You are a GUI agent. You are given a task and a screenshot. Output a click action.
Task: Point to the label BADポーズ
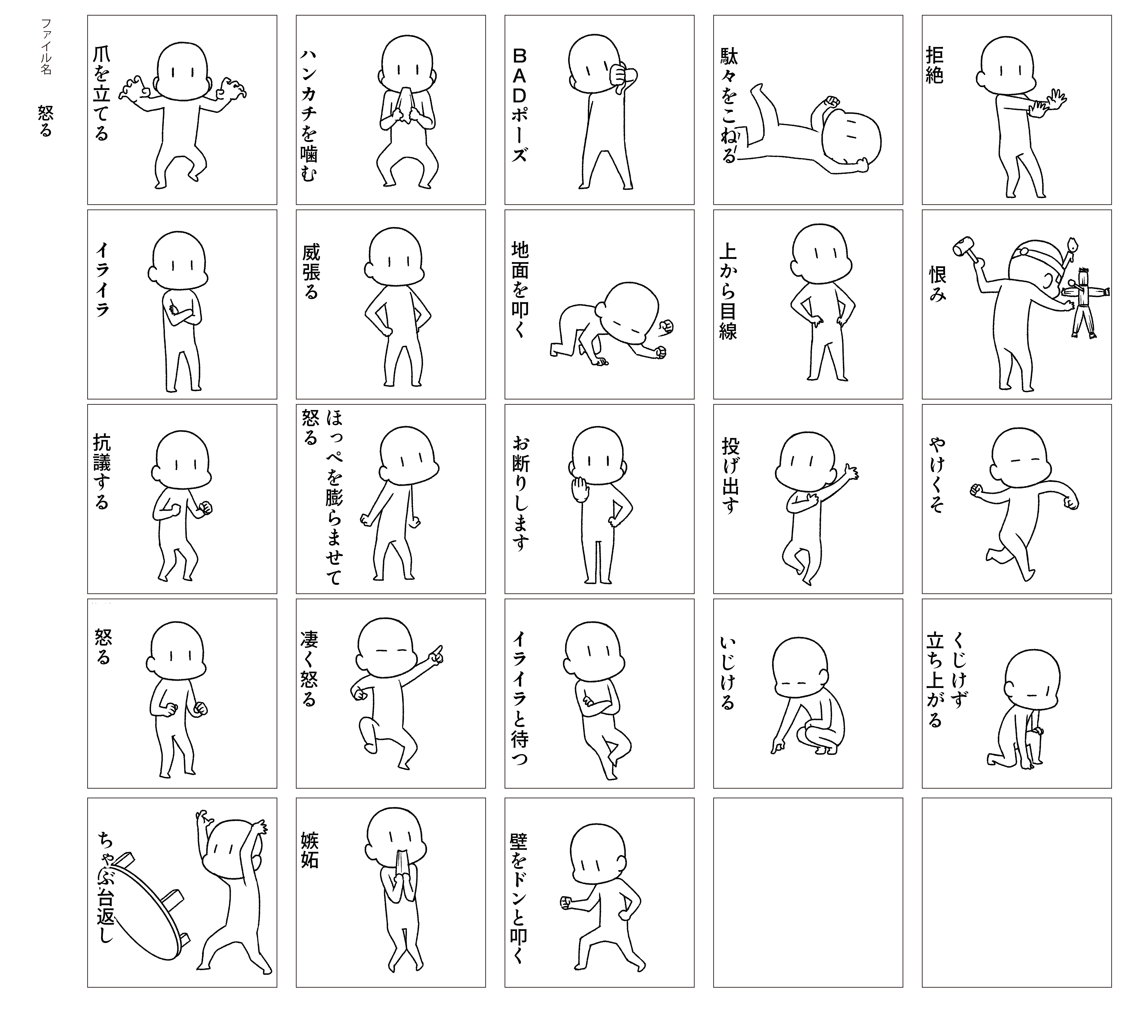point(519,105)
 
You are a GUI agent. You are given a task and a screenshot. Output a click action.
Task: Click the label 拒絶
point(934,65)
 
